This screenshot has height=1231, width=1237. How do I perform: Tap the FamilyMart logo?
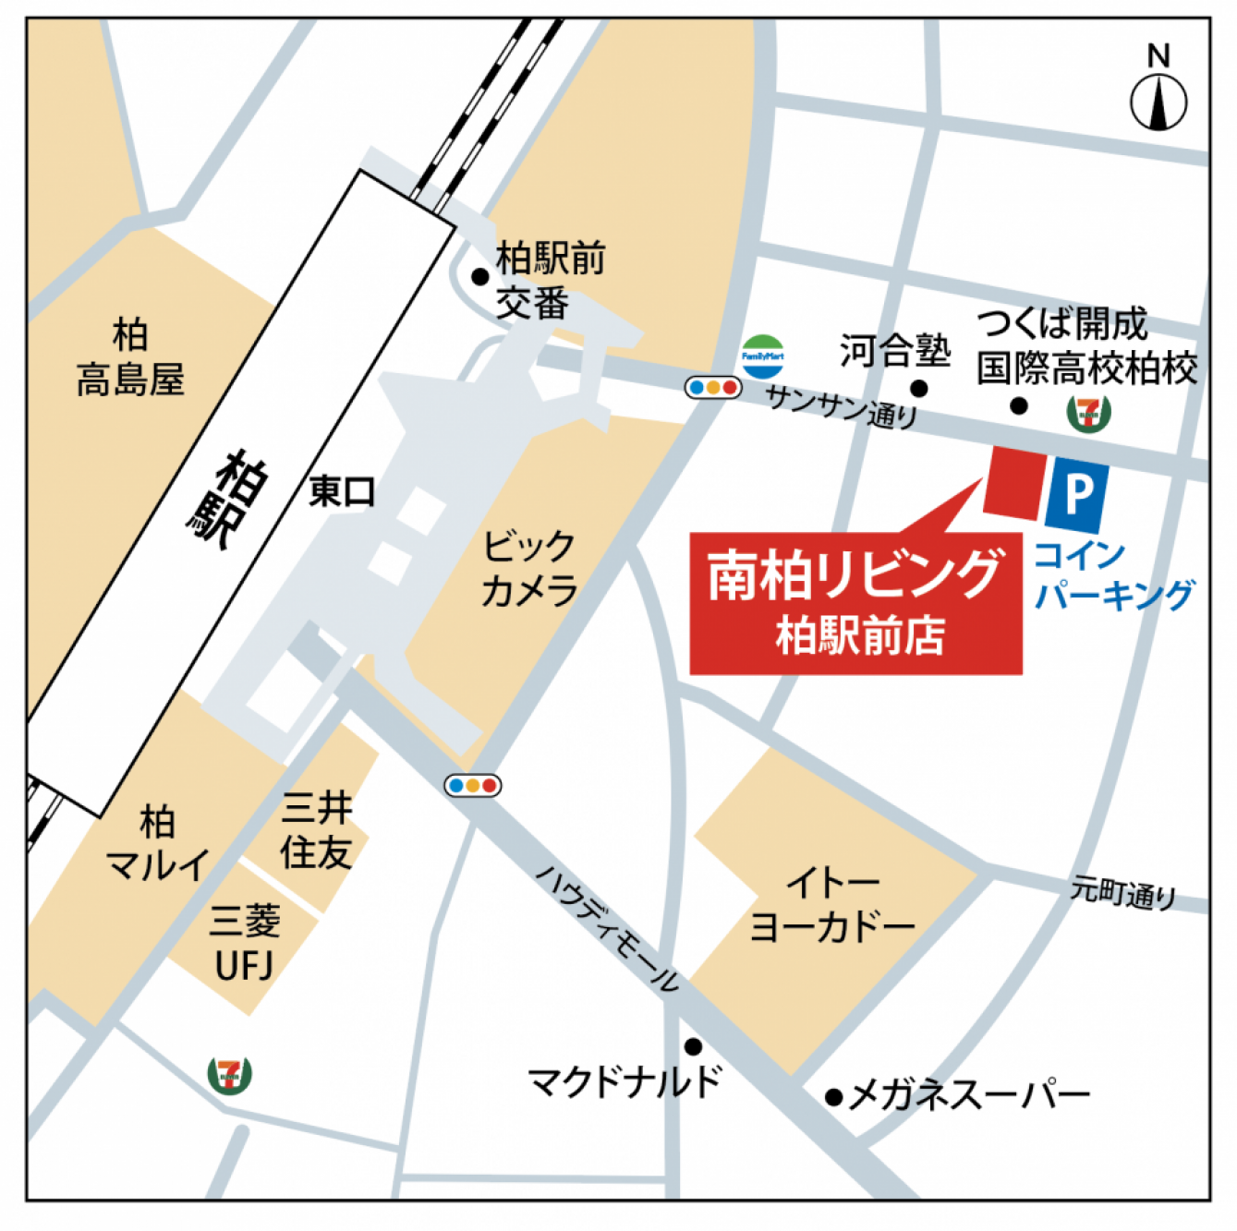762,356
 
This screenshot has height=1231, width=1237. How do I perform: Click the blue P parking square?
1077,493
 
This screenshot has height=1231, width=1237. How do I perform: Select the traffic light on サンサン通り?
713,388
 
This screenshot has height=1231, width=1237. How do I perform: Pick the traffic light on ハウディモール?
473,786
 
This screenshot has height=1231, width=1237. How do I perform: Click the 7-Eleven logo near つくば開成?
1088,412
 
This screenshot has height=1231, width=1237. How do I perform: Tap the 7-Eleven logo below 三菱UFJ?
229,1074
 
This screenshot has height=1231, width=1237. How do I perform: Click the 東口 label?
342,491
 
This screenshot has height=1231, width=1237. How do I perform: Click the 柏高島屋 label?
130,357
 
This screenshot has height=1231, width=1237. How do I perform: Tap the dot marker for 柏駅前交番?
479,276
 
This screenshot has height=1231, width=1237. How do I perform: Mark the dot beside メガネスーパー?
833,1097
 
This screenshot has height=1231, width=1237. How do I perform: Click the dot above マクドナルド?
693,1046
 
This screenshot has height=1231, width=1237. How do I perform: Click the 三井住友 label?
317,830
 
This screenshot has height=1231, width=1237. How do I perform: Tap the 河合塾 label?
894,351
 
